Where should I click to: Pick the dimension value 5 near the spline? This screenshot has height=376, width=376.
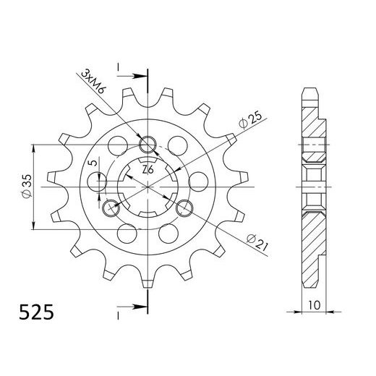click(x=90, y=166)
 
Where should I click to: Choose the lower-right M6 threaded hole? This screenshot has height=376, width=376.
click(x=186, y=209)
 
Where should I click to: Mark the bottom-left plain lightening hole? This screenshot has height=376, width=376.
click(x=127, y=234)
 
